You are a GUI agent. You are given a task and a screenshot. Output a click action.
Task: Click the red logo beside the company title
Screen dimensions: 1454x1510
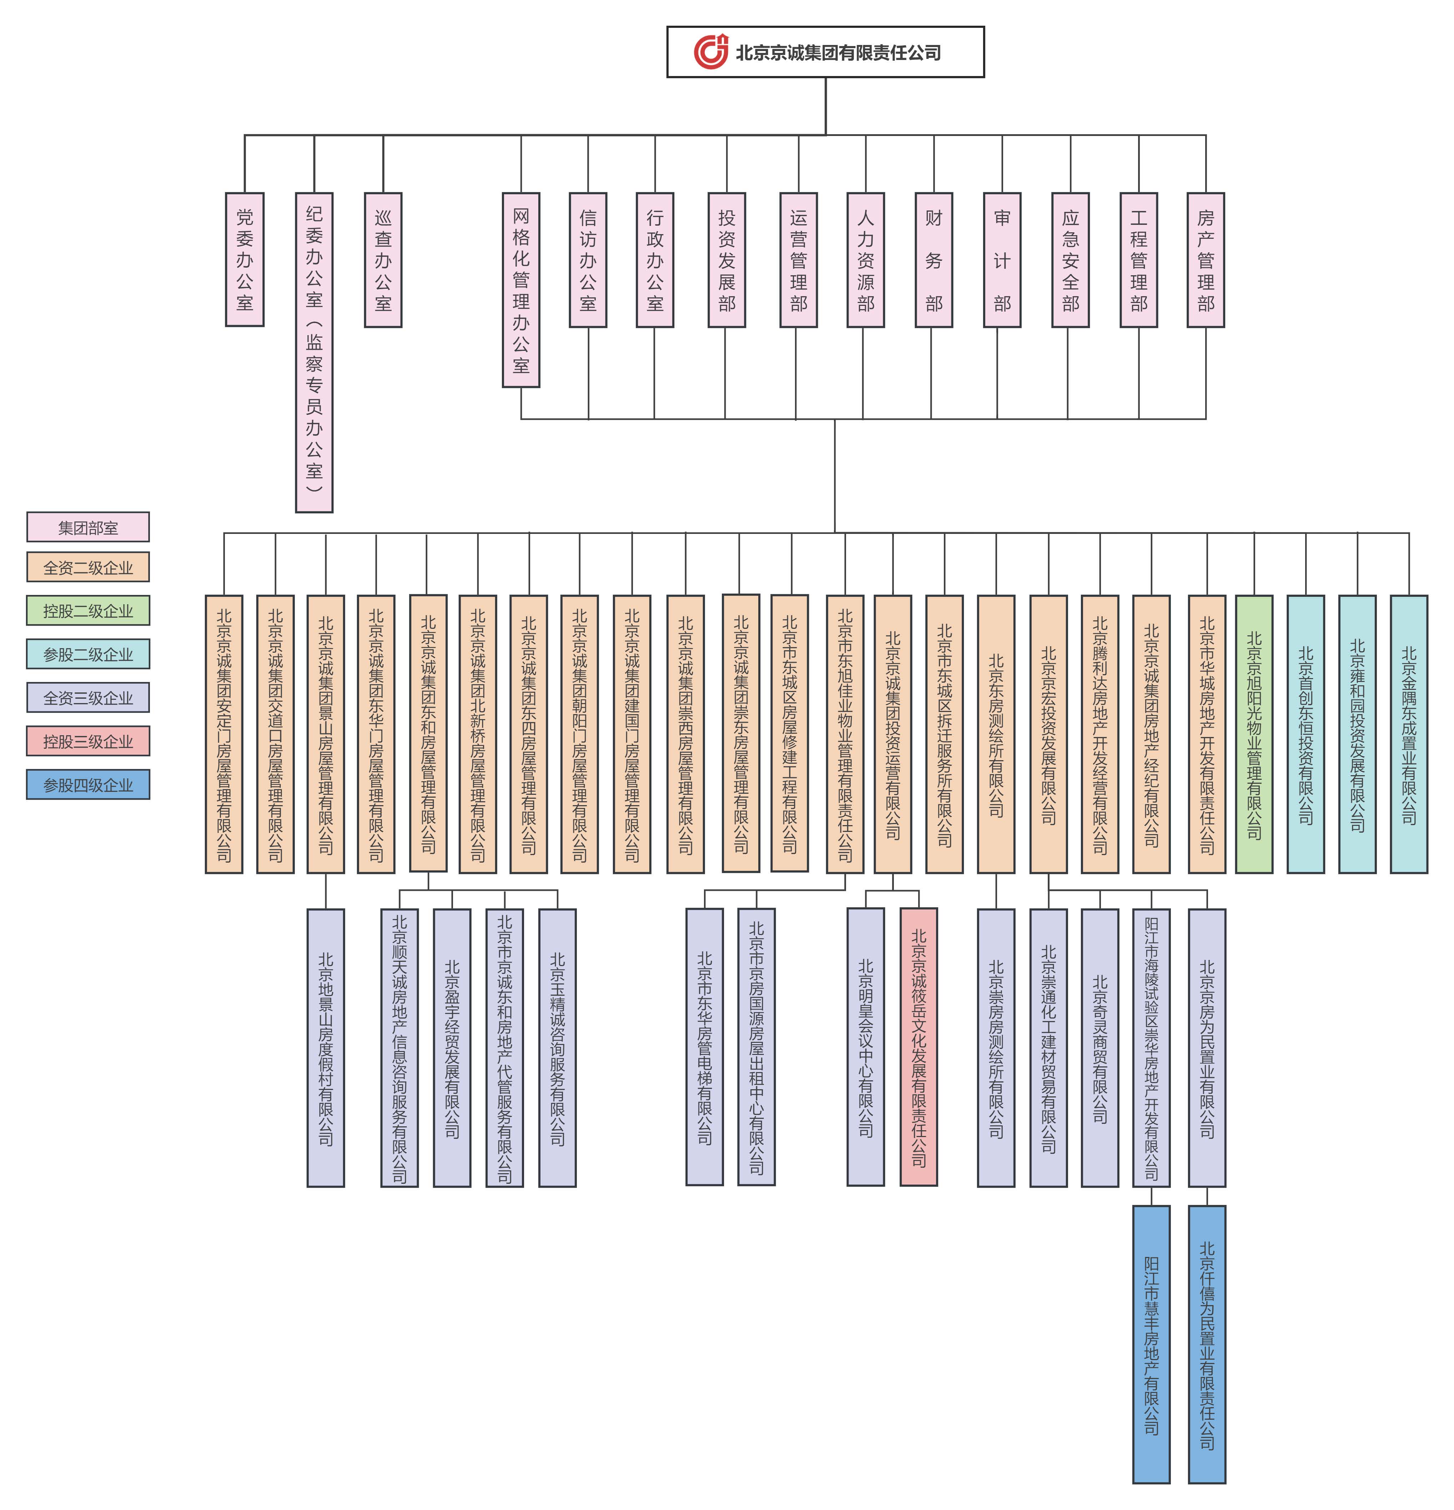(x=710, y=52)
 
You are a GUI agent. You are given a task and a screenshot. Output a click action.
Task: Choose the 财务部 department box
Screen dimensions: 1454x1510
(x=934, y=259)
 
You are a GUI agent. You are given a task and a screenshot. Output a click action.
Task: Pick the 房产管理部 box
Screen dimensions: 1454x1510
(x=1206, y=259)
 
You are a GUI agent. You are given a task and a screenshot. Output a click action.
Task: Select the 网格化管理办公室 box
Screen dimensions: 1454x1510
(x=521, y=290)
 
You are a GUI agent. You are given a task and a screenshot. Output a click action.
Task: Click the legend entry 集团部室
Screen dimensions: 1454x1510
(x=88, y=527)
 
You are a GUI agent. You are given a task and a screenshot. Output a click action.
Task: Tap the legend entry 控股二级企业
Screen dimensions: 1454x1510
(x=88, y=610)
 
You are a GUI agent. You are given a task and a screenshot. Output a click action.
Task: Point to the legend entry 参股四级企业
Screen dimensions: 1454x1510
(x=88, y=784)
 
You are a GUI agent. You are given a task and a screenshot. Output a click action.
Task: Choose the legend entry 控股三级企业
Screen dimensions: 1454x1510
(x=88, y=741)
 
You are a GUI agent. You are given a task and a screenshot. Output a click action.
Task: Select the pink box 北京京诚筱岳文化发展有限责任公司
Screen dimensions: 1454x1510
(x=919, y=1046)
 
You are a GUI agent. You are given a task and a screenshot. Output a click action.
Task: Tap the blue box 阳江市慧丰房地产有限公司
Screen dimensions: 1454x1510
(x=1151, y=1344)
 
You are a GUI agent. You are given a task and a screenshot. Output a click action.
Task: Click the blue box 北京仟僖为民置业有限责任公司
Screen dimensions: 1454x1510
(x=1207, y=1344)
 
